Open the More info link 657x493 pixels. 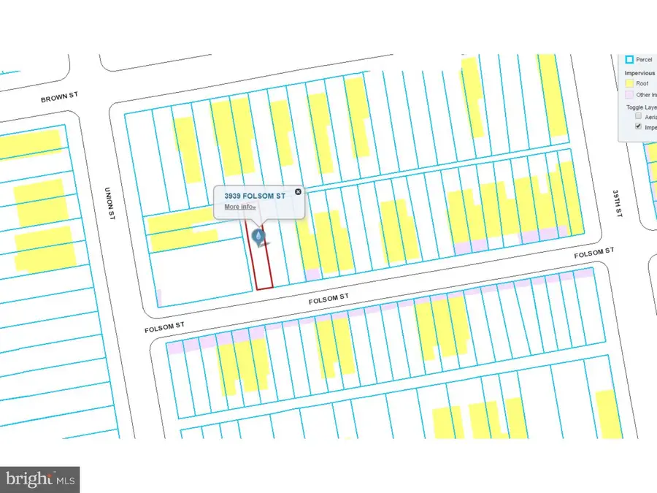[x=240, y=207]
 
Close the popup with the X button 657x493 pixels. [x=298, y=192]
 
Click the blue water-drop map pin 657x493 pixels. [x=258, y=236]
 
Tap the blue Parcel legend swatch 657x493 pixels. [x=629, y=60]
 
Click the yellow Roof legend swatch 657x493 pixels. [x=629, y=83]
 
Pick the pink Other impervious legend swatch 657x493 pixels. [x=629, y=95]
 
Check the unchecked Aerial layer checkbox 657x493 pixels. [x=639, y=115]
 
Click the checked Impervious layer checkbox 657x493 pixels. [x=639, y=126]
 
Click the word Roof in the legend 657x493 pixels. [x=642, y=83]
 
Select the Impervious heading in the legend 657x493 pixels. [x=639, y=72]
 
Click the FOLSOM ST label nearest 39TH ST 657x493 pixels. [x=593, y=251]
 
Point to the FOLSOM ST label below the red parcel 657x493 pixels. [x=331, y=297]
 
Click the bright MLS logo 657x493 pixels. [x=40, y=479]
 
